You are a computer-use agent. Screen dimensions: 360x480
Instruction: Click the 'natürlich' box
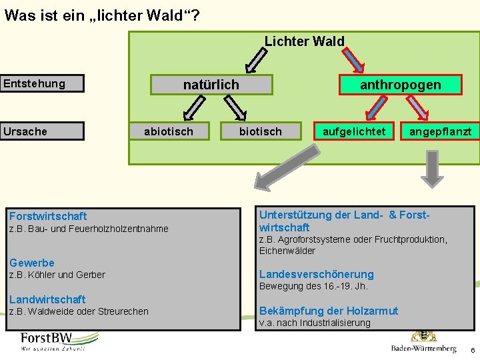pyautogui.click(x=211, y=85)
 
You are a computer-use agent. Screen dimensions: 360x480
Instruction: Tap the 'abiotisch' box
pyautogui.click(x=169, y=131)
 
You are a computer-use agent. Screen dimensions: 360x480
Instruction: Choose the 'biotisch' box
pyautogui.click(x=261, y=131)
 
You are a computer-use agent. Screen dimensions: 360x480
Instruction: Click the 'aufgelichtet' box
pyautogui.click(x=354, y=131)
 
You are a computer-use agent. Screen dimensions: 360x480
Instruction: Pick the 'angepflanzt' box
pyautogui.click(x=440, y=131)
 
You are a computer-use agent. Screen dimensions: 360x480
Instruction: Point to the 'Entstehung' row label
pyautogui.click(x=43, y=84)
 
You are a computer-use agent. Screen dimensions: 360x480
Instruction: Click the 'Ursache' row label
pyautogui.click(x=43, y=131)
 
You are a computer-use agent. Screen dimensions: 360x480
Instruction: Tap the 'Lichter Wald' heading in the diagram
pyautogui.click(x=305, y=41)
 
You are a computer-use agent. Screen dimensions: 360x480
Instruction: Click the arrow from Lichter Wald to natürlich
pyautogui.click(x=255, y=61)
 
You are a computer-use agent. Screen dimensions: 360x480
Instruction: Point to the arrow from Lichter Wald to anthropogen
pyautogui.click(x=353, y=61)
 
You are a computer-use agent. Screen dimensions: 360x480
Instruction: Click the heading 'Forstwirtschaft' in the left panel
pyautogui.click(x=48, y=216)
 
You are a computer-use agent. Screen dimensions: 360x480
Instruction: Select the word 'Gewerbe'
pyautogui.click(x=32, y=263)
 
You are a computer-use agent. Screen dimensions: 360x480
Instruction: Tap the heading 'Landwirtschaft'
pyautogui.click(x=47, y=299)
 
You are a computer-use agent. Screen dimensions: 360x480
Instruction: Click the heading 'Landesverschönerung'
pyautogui.click(x=316, y=274)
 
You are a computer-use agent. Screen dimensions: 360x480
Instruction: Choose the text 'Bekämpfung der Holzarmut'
pyautogui.click(x=328, y=311)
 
